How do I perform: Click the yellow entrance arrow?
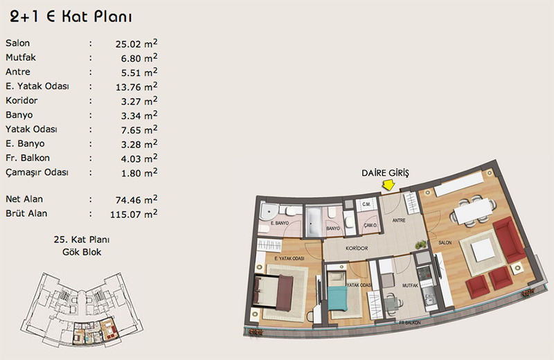point(388,185)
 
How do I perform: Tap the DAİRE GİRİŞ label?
point(385,173)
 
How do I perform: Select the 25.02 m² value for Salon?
point(136,44)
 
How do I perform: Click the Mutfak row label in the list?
point(21,57)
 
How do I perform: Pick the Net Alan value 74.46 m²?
point(136,199)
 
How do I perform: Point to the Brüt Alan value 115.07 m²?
point(134,214)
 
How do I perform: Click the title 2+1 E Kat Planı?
point(71,16)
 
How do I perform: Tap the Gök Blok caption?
point(82,252)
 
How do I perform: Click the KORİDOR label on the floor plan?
point(357,249)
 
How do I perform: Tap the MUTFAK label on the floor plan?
point(410,285)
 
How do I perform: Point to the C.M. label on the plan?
point(366,204)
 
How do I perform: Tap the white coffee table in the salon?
point(483,250)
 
